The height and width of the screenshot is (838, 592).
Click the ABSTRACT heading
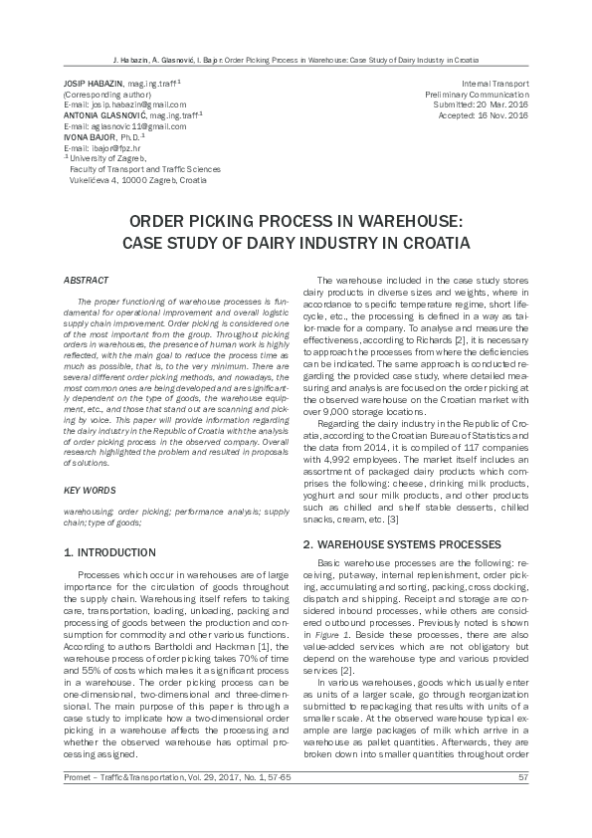(86, 282)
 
